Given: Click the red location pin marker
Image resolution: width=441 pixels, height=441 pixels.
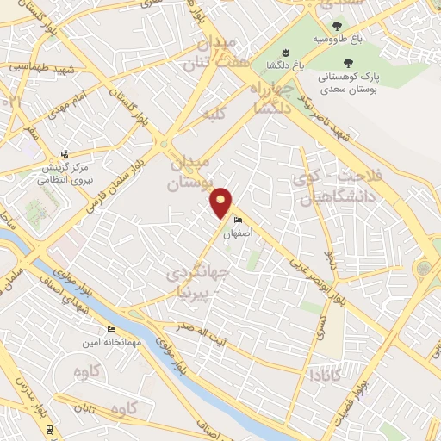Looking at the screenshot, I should pos(221,203).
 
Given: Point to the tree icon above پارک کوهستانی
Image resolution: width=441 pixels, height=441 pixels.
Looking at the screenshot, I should pos(348,62).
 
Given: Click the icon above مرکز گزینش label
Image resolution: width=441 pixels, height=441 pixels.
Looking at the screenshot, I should pos(65,154).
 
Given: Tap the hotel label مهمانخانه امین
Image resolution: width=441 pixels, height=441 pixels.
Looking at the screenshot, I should pos(109,343).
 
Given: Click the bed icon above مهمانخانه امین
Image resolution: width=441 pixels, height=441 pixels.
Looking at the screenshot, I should pos(110,330).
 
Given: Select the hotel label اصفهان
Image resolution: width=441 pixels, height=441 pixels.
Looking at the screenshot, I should pos(238,233).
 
